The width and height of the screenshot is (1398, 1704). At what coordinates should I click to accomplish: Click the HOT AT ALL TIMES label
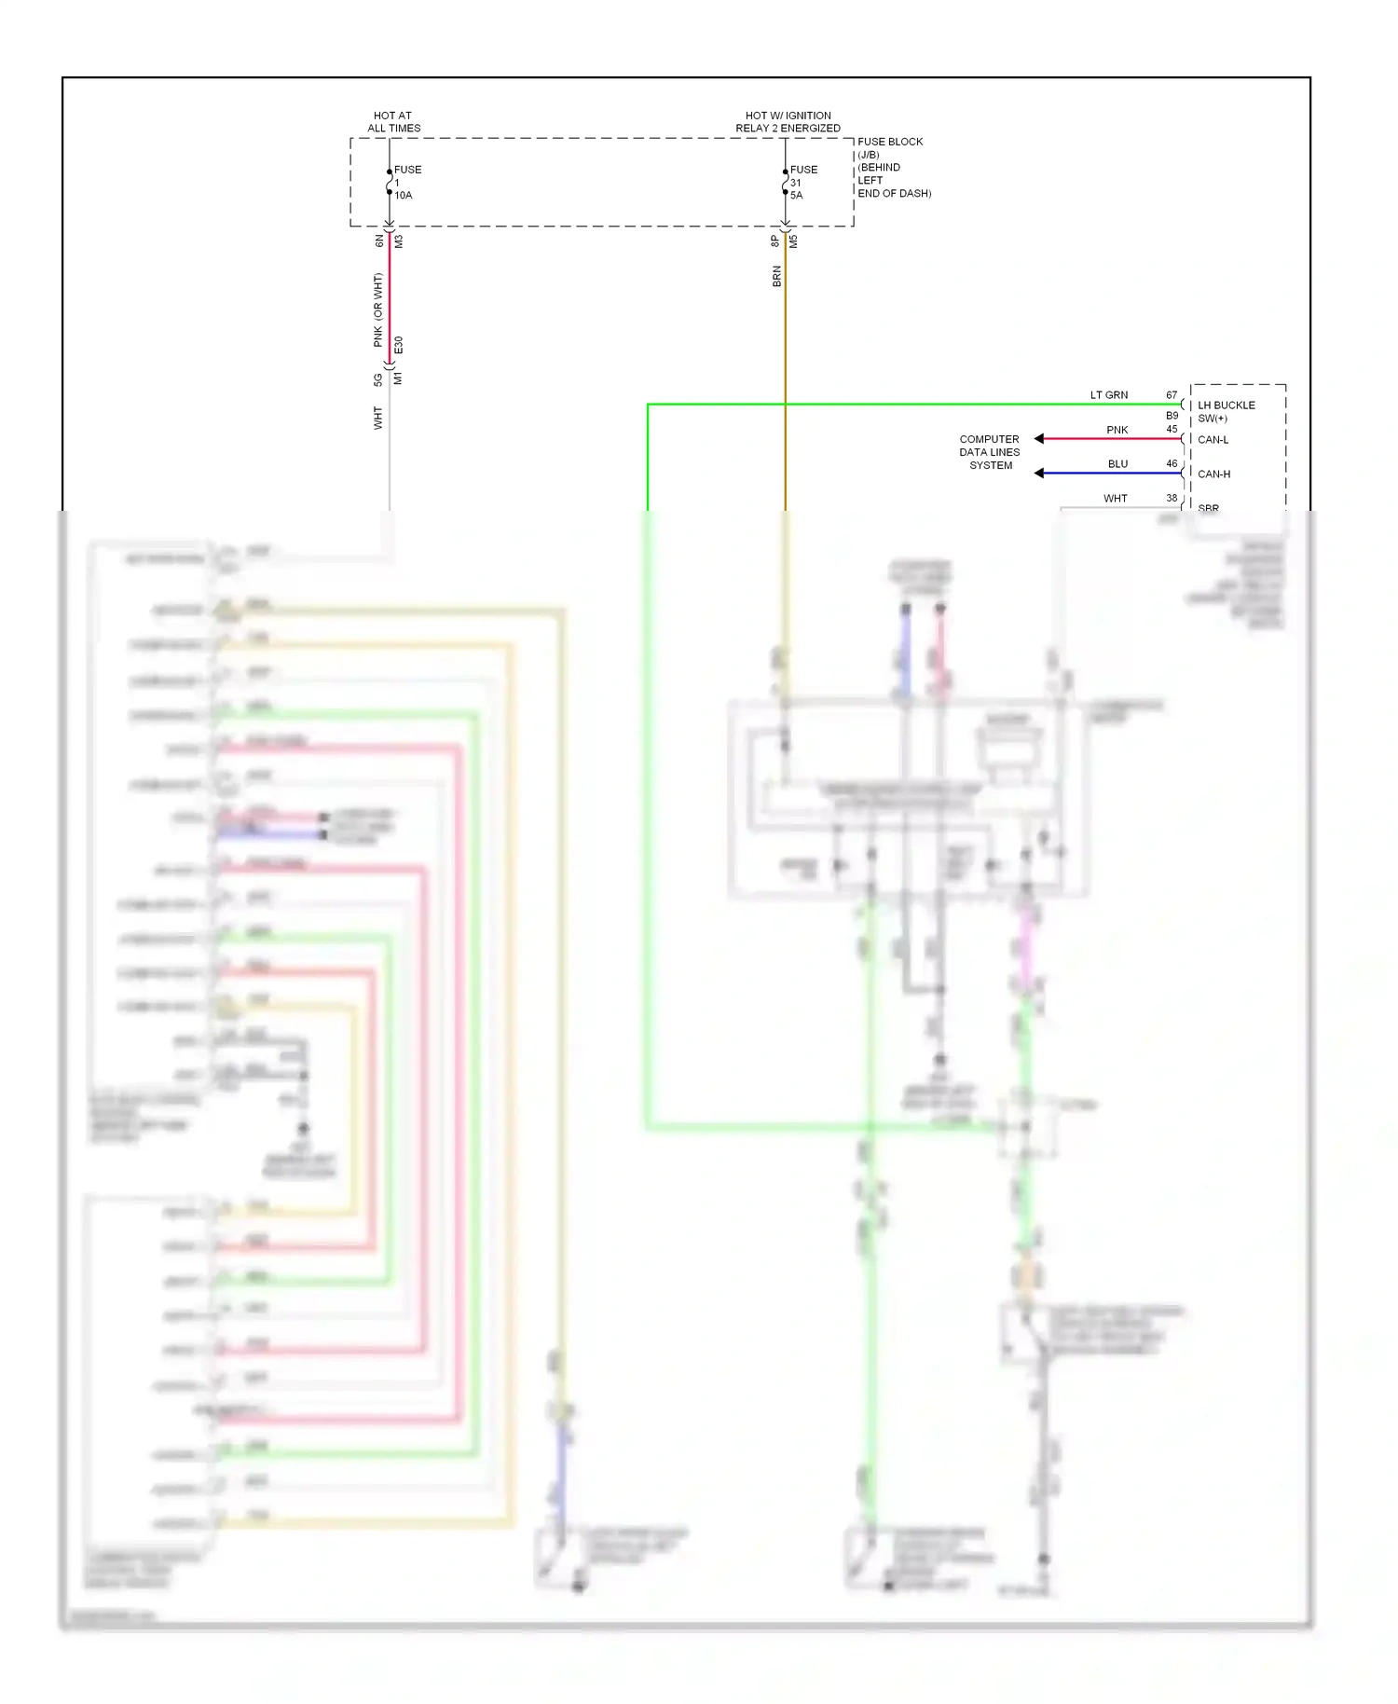(393, 122)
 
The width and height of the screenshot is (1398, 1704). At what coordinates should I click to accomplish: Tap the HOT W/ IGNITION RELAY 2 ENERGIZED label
(788, 122)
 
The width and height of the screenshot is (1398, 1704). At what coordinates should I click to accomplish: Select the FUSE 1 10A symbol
(390, 183)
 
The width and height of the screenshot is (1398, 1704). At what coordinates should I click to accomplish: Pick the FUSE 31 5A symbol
(786, 183)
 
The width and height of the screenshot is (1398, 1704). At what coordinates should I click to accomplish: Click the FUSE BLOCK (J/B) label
(890, 148)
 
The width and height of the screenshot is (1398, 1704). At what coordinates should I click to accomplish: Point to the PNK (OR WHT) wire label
(377, 310)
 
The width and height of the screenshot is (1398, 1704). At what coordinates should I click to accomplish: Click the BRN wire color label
(776, 276)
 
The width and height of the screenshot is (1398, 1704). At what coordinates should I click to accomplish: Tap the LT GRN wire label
(1109, 395)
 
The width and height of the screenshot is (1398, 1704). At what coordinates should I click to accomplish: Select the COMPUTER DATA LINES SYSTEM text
(990, 452)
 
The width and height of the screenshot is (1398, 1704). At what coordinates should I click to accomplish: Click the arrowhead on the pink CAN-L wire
(1039, 439)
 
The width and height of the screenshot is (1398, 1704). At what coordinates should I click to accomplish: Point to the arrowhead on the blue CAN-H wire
(1039, 474)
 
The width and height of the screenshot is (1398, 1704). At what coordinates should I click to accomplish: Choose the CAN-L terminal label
(1213, 440)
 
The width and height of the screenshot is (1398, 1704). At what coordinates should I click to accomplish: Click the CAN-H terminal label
(1213, 474)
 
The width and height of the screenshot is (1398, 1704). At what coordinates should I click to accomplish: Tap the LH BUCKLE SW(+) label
(1226, 411)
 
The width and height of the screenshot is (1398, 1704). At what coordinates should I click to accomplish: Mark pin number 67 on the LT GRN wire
(1172, 395)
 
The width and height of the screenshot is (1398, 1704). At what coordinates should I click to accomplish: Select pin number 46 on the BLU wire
(1172, 463)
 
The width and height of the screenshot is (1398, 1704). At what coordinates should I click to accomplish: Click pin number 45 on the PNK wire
(1172, 430)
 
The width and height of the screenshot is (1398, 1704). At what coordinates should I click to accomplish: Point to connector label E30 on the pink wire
(399, 345)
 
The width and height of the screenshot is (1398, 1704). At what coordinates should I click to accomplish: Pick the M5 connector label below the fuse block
(793, 240)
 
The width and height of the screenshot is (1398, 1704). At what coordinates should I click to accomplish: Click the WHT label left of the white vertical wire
(377, 418)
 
